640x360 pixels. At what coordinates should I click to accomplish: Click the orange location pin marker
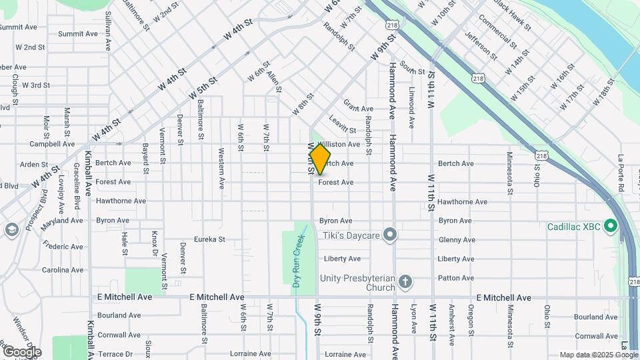click(320, 159)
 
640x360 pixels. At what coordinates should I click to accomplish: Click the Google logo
click(21, 352)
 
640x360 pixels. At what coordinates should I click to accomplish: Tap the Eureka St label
click(209, 239)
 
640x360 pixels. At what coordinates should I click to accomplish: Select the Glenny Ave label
click(457, 240)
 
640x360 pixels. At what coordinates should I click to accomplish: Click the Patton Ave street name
click(456, 278)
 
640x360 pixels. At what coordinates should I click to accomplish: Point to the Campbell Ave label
click(52, 144)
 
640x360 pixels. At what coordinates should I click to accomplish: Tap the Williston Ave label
click(339, 145)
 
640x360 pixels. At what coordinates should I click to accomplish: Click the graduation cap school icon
click(11, 230)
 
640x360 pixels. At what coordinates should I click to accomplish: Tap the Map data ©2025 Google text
click(597, 355)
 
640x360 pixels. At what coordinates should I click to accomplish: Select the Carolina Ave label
click(63, 270)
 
